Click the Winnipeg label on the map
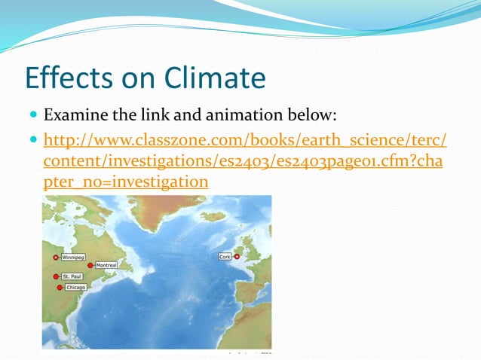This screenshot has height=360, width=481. [73, 257]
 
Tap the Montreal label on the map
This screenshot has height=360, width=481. [106, 266]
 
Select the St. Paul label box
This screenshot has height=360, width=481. [73, 276]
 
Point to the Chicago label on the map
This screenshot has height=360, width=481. [75, 288]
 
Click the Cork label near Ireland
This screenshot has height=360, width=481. [225, 257]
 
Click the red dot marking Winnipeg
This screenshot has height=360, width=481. [55, 257]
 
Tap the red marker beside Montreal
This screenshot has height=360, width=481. [90, 265]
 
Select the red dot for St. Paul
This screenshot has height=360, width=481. [56, 276]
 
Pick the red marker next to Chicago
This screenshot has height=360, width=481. [59, 288]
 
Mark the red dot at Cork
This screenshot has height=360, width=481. [237, 257]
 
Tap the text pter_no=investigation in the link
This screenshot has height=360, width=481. [126, 182]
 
